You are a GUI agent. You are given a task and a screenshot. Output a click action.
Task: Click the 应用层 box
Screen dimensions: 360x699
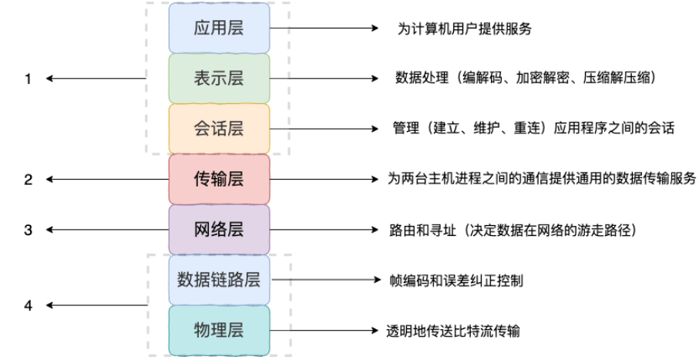point(219,29)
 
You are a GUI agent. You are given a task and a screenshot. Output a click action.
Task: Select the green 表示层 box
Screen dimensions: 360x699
point(219,78)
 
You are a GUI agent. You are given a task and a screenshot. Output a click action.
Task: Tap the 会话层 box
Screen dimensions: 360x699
point(219,128)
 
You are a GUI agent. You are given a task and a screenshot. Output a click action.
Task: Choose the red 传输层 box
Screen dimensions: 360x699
point(219,179)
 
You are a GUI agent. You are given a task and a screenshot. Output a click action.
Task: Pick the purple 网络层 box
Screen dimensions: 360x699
point(219,230)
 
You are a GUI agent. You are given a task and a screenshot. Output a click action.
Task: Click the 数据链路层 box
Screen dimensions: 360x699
point(219,280)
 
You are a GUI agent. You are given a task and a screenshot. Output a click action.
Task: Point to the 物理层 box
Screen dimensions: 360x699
point(219,331)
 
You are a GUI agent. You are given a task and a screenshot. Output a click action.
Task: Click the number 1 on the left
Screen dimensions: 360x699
point(29,79)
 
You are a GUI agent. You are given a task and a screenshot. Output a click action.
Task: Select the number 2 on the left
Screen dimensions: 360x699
point(29,180)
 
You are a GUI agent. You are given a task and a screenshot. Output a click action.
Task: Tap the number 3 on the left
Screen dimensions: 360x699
point(29,230)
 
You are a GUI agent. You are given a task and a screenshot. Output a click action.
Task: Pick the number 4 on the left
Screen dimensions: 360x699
point(29,305)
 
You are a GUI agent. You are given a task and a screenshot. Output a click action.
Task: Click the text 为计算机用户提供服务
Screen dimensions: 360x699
point(462,29)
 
